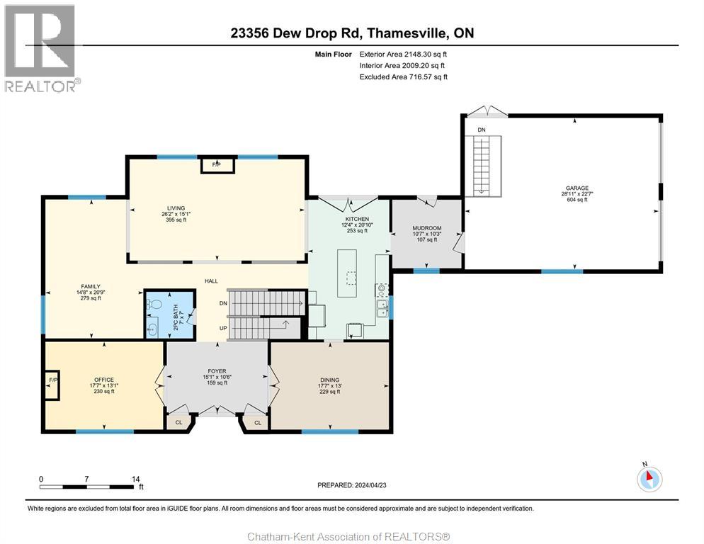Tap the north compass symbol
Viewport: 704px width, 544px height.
[649, 478]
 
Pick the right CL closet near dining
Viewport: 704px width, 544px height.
[257, 423]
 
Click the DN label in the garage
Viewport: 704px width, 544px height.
[481, 130]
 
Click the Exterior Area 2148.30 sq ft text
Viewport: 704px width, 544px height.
[403, 53]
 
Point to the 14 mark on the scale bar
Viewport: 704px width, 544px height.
[136, 479]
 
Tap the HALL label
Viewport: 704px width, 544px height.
[211, 281]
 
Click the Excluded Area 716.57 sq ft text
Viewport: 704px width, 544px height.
[403, 76]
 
